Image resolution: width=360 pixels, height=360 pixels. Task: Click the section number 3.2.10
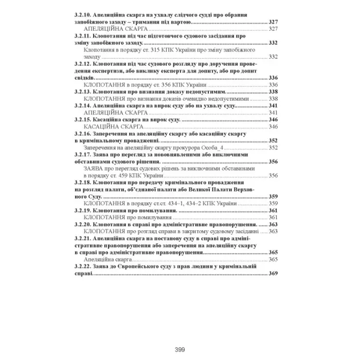83,15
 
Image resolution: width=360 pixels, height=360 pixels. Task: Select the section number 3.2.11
83,38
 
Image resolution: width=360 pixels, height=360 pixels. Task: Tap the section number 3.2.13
83,91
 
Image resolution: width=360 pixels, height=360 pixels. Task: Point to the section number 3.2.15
83,119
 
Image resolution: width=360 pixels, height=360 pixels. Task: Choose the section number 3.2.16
83,133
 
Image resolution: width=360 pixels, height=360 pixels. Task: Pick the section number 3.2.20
83,225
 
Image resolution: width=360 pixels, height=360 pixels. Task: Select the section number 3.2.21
83,239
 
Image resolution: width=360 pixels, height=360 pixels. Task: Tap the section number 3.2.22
83,267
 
